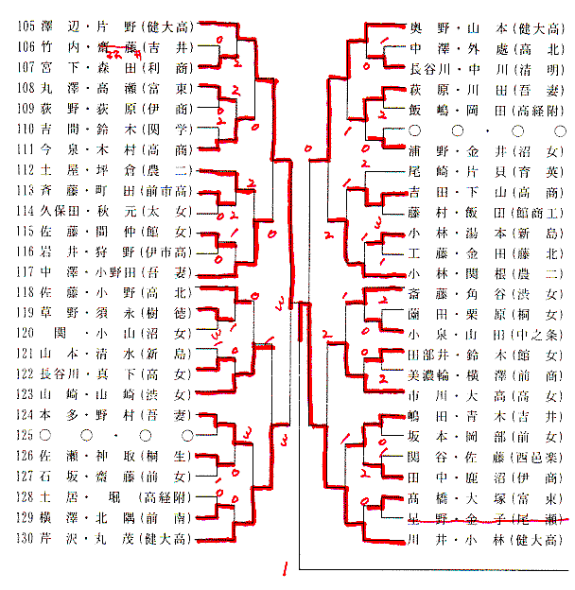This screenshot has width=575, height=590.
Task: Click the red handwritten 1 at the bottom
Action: [284, 570]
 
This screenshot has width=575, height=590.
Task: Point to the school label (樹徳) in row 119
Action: [166, 314]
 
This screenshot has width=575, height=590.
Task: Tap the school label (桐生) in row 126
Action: [166, 457]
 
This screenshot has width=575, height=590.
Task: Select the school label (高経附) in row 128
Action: [166, 498]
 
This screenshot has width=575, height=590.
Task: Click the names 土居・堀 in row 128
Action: [84, 498]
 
